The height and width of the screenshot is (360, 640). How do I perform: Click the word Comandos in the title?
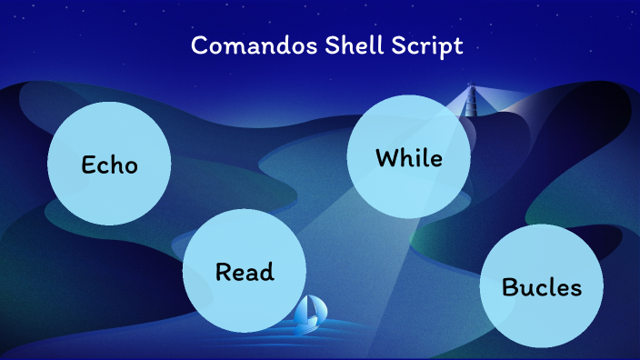[244, 46]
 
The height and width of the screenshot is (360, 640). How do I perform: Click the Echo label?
[109, 165]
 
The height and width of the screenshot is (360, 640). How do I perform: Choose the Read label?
[245, 272]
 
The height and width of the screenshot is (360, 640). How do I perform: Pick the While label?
[408, 158]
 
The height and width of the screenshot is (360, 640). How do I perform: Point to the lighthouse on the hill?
[471, 100]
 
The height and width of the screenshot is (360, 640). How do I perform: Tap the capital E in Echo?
[88, 165]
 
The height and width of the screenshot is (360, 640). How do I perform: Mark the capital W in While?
[386, 158]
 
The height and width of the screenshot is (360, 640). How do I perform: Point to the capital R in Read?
[224, 272]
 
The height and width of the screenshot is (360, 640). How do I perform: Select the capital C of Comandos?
[199, 46]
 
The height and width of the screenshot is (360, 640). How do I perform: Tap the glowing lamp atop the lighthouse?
[471, 88]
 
